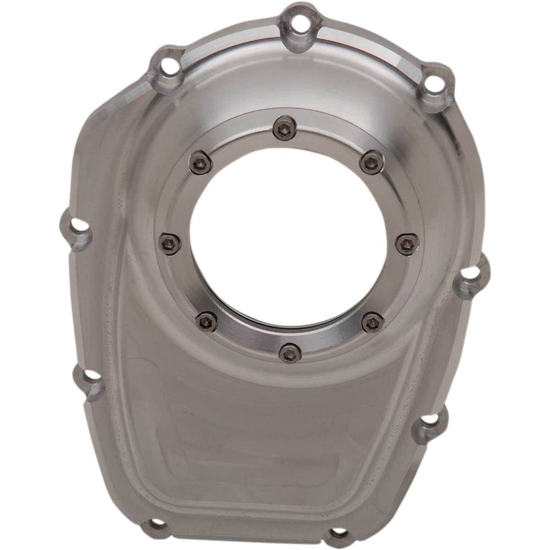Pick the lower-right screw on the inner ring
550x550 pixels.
(x=372, y=321)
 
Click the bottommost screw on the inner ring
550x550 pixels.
(x=290, y=353)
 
